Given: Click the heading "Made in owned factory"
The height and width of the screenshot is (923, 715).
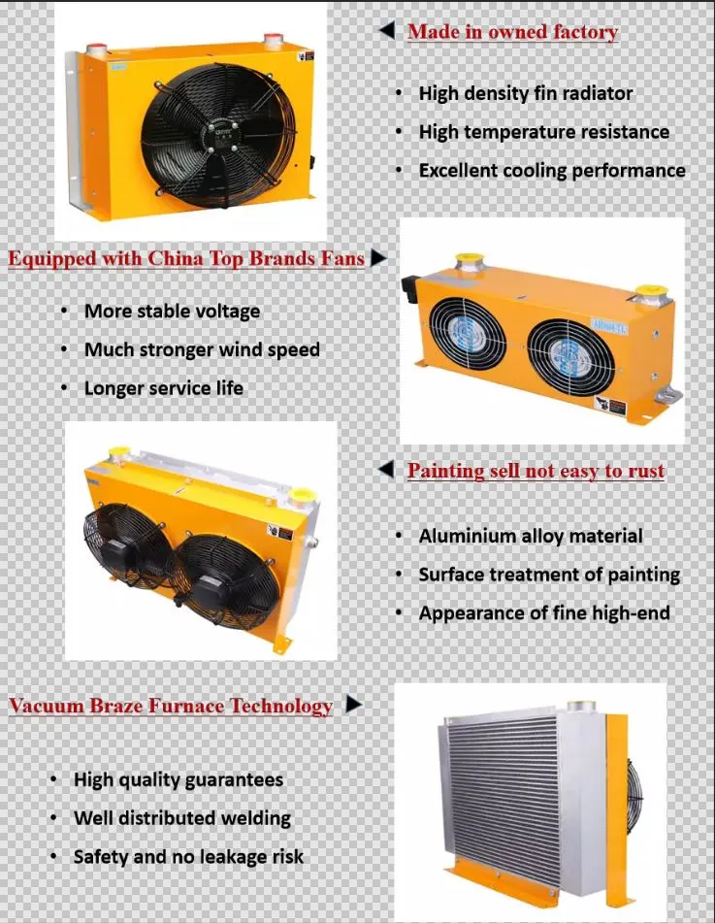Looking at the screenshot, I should (512, 32).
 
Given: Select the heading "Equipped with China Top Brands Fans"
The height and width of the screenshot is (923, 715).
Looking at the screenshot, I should (186, 259).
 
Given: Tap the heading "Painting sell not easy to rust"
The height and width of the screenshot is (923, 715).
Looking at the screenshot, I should (536, 472).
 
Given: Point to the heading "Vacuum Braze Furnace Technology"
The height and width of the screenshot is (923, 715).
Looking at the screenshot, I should (171, 707).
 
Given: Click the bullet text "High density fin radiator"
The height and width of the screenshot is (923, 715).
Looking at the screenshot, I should (525, 94).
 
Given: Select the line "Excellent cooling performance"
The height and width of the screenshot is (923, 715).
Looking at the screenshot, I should (551, 171).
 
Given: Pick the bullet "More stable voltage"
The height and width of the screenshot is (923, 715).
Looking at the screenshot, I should (172, 312).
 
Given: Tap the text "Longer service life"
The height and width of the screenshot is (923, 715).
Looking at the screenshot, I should (163, 388).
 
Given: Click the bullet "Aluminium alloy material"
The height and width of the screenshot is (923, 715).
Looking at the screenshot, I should (530, 536).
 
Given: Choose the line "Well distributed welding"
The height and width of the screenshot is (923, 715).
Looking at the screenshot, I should (181, 818).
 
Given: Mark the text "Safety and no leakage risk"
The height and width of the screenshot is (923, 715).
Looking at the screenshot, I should (188, 857).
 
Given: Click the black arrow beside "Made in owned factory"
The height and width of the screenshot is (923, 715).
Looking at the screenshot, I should (386, 32).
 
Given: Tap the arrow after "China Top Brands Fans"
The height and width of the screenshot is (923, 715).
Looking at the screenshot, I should (378, 258).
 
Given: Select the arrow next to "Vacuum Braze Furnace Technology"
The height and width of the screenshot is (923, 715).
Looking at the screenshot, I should (354, 705).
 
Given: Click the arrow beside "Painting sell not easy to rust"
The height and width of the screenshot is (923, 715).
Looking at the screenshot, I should (386, 471).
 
